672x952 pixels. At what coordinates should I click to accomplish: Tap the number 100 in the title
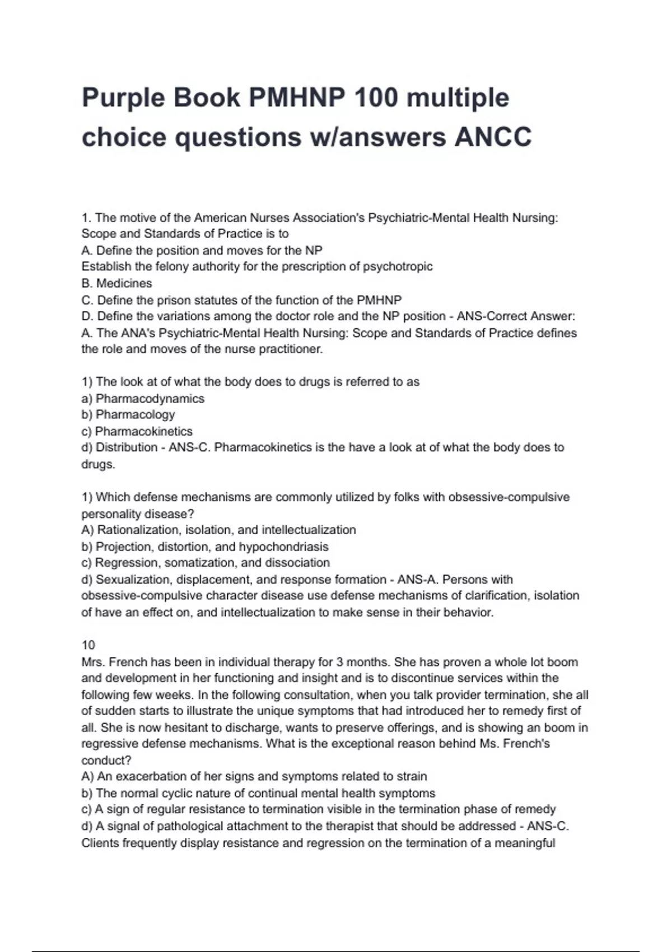pyautogui.click(x=376, y=98)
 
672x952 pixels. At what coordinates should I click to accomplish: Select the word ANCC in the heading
pyautogui.click(x=493, y=137)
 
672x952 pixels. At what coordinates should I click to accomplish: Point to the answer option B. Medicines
pyautogui.click(x=116, y=283)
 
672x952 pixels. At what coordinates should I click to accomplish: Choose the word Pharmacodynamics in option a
pyautogui.click(x=150, y=399)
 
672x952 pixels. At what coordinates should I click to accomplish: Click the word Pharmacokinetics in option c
pyautogui.click(x=144, y=432)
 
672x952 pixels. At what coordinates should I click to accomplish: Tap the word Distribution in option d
pyautogui.click(x=127, y=447)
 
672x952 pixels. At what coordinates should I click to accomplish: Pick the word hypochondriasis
pyautogui.click(x=284, y=547)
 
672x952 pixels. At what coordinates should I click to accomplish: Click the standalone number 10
pyautogui.click(x=88, y=645)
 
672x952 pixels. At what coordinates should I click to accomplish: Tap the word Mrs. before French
pyautogui.click(x=93, y=662)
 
